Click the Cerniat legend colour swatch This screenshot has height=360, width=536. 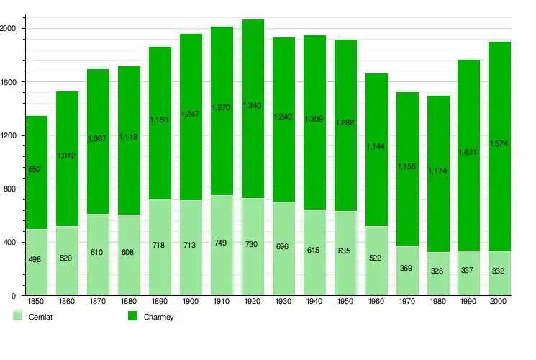pyautogui.click(x=17, y=315)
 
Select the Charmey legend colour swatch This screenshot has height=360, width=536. pyautogui.click(x=132, y=315)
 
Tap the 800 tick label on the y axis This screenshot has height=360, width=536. pyautogui.click(x=10, y=189)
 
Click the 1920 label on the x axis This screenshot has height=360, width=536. pyautogui.click(x=253, y=301)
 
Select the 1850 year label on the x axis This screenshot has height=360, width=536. pyautogui.click(x=37, y=301)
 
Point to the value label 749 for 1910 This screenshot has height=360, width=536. pyautogui.click(x=222, y=243)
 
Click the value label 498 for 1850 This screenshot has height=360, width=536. pyautogui.click(x=37, y=258)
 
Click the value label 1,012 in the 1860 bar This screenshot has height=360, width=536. pyautogui.click(x=67, y=155)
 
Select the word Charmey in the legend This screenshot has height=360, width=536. pyautogui.click(x=158, y=317)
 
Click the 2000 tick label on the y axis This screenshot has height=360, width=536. pyautogui.click(x=9, y=28)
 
